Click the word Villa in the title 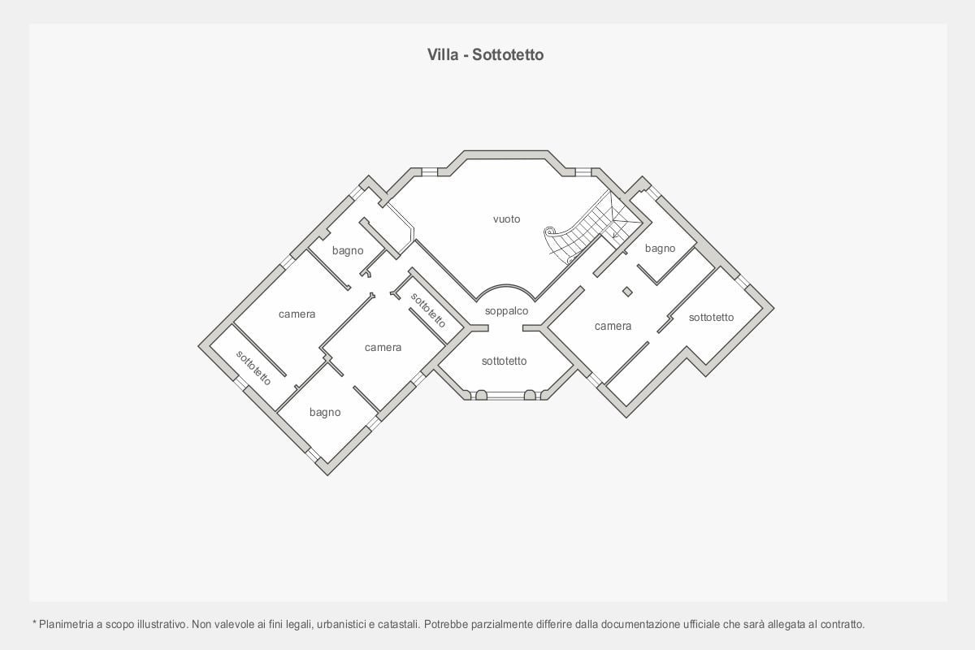coord(444,55)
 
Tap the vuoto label coord(506,219)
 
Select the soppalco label coord(506,311)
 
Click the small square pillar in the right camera coord(627,292)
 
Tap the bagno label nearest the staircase coord(660,249)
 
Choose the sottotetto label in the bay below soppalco coord(504,362)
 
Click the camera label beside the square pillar coord(613,327)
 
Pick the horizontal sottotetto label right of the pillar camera coord(711,318)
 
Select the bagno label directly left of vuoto coord(348,251)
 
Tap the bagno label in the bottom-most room coord(325,413)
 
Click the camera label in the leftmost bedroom coord(297,314)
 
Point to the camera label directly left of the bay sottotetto coord(383,348)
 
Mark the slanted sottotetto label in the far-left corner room coord(253,367)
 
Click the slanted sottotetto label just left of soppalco coord(428,310)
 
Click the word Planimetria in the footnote coord(65,625)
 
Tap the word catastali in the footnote coord(396,625)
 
